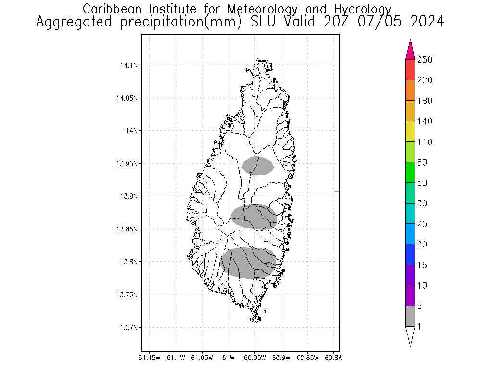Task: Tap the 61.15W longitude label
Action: (149, 358)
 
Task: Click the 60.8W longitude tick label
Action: (333, 358)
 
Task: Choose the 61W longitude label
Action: (228, 358)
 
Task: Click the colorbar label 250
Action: (425, 60)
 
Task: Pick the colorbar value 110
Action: (425, 142)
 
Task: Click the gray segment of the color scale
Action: (410, 317)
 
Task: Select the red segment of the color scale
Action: (410, 70)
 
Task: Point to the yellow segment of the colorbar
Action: (410, 131)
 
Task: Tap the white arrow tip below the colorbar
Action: (410, 336)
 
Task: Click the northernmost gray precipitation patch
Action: (258, 166)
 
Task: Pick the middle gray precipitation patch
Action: (254, 217)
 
